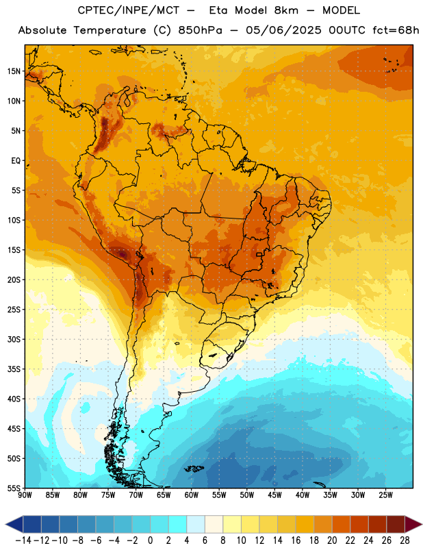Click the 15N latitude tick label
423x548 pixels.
[x=14, y=71]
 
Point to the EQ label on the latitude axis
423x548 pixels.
[x=16, y=161]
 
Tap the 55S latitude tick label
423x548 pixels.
[x=14, y=488]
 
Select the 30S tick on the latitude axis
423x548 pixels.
[x=14, y=339]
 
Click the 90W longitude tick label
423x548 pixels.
[x=25, y=495]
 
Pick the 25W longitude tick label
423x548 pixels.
[x=385, y=495]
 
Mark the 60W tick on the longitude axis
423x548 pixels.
[x=192, y=495]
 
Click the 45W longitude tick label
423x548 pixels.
[x=274, y=495]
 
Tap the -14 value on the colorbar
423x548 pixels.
[x=23, y=540]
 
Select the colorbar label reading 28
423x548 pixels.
[x=405, y=540]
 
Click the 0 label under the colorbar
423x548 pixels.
[x=151, y=540]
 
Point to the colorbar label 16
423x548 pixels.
[x=296, y=540]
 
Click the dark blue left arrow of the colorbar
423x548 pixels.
[x=14, y=524]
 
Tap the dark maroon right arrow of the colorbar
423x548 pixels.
[x=413, y=524]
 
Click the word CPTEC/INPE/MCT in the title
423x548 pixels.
[x=128, y=10]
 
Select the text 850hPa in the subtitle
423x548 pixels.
[x=200, y=30]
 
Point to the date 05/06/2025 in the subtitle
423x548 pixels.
[x=283, y=30]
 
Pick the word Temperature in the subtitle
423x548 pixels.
[x=110, y=30]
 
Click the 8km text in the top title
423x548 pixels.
[x=286, y=10]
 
